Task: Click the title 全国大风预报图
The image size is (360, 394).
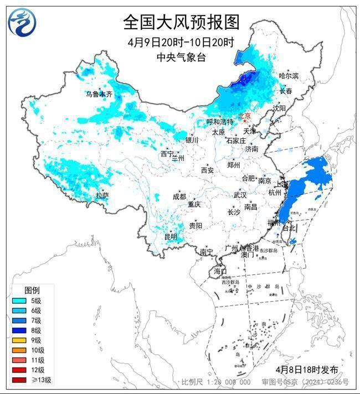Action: point(181,22)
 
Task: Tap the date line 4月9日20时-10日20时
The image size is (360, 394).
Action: point(181,43)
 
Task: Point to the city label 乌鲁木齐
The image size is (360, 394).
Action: point(99,94)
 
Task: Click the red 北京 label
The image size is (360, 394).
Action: point(244,116)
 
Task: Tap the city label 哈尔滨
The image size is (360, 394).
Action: point(289,75)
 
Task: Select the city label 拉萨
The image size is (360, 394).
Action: point(102,195)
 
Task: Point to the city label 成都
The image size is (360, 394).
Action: point(179,196)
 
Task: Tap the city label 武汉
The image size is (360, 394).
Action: point(240,195)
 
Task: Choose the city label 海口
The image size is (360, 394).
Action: point(220,271)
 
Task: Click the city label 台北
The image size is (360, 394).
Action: point(290,227)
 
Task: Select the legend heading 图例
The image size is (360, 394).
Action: point(32,291)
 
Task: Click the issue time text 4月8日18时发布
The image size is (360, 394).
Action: point(306,370)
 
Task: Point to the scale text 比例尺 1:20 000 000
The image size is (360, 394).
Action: point(216,382)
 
